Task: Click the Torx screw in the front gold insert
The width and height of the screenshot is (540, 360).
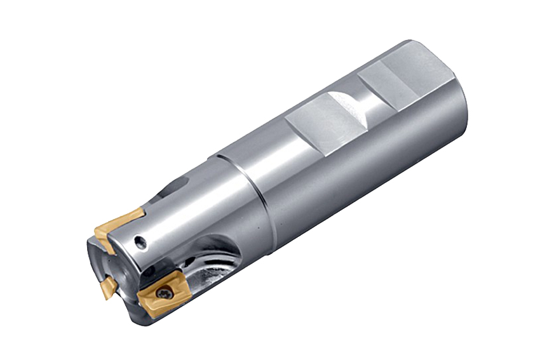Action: click(x=164, y=293)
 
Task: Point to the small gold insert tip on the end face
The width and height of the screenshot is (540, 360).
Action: click(x=105, y=288)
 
